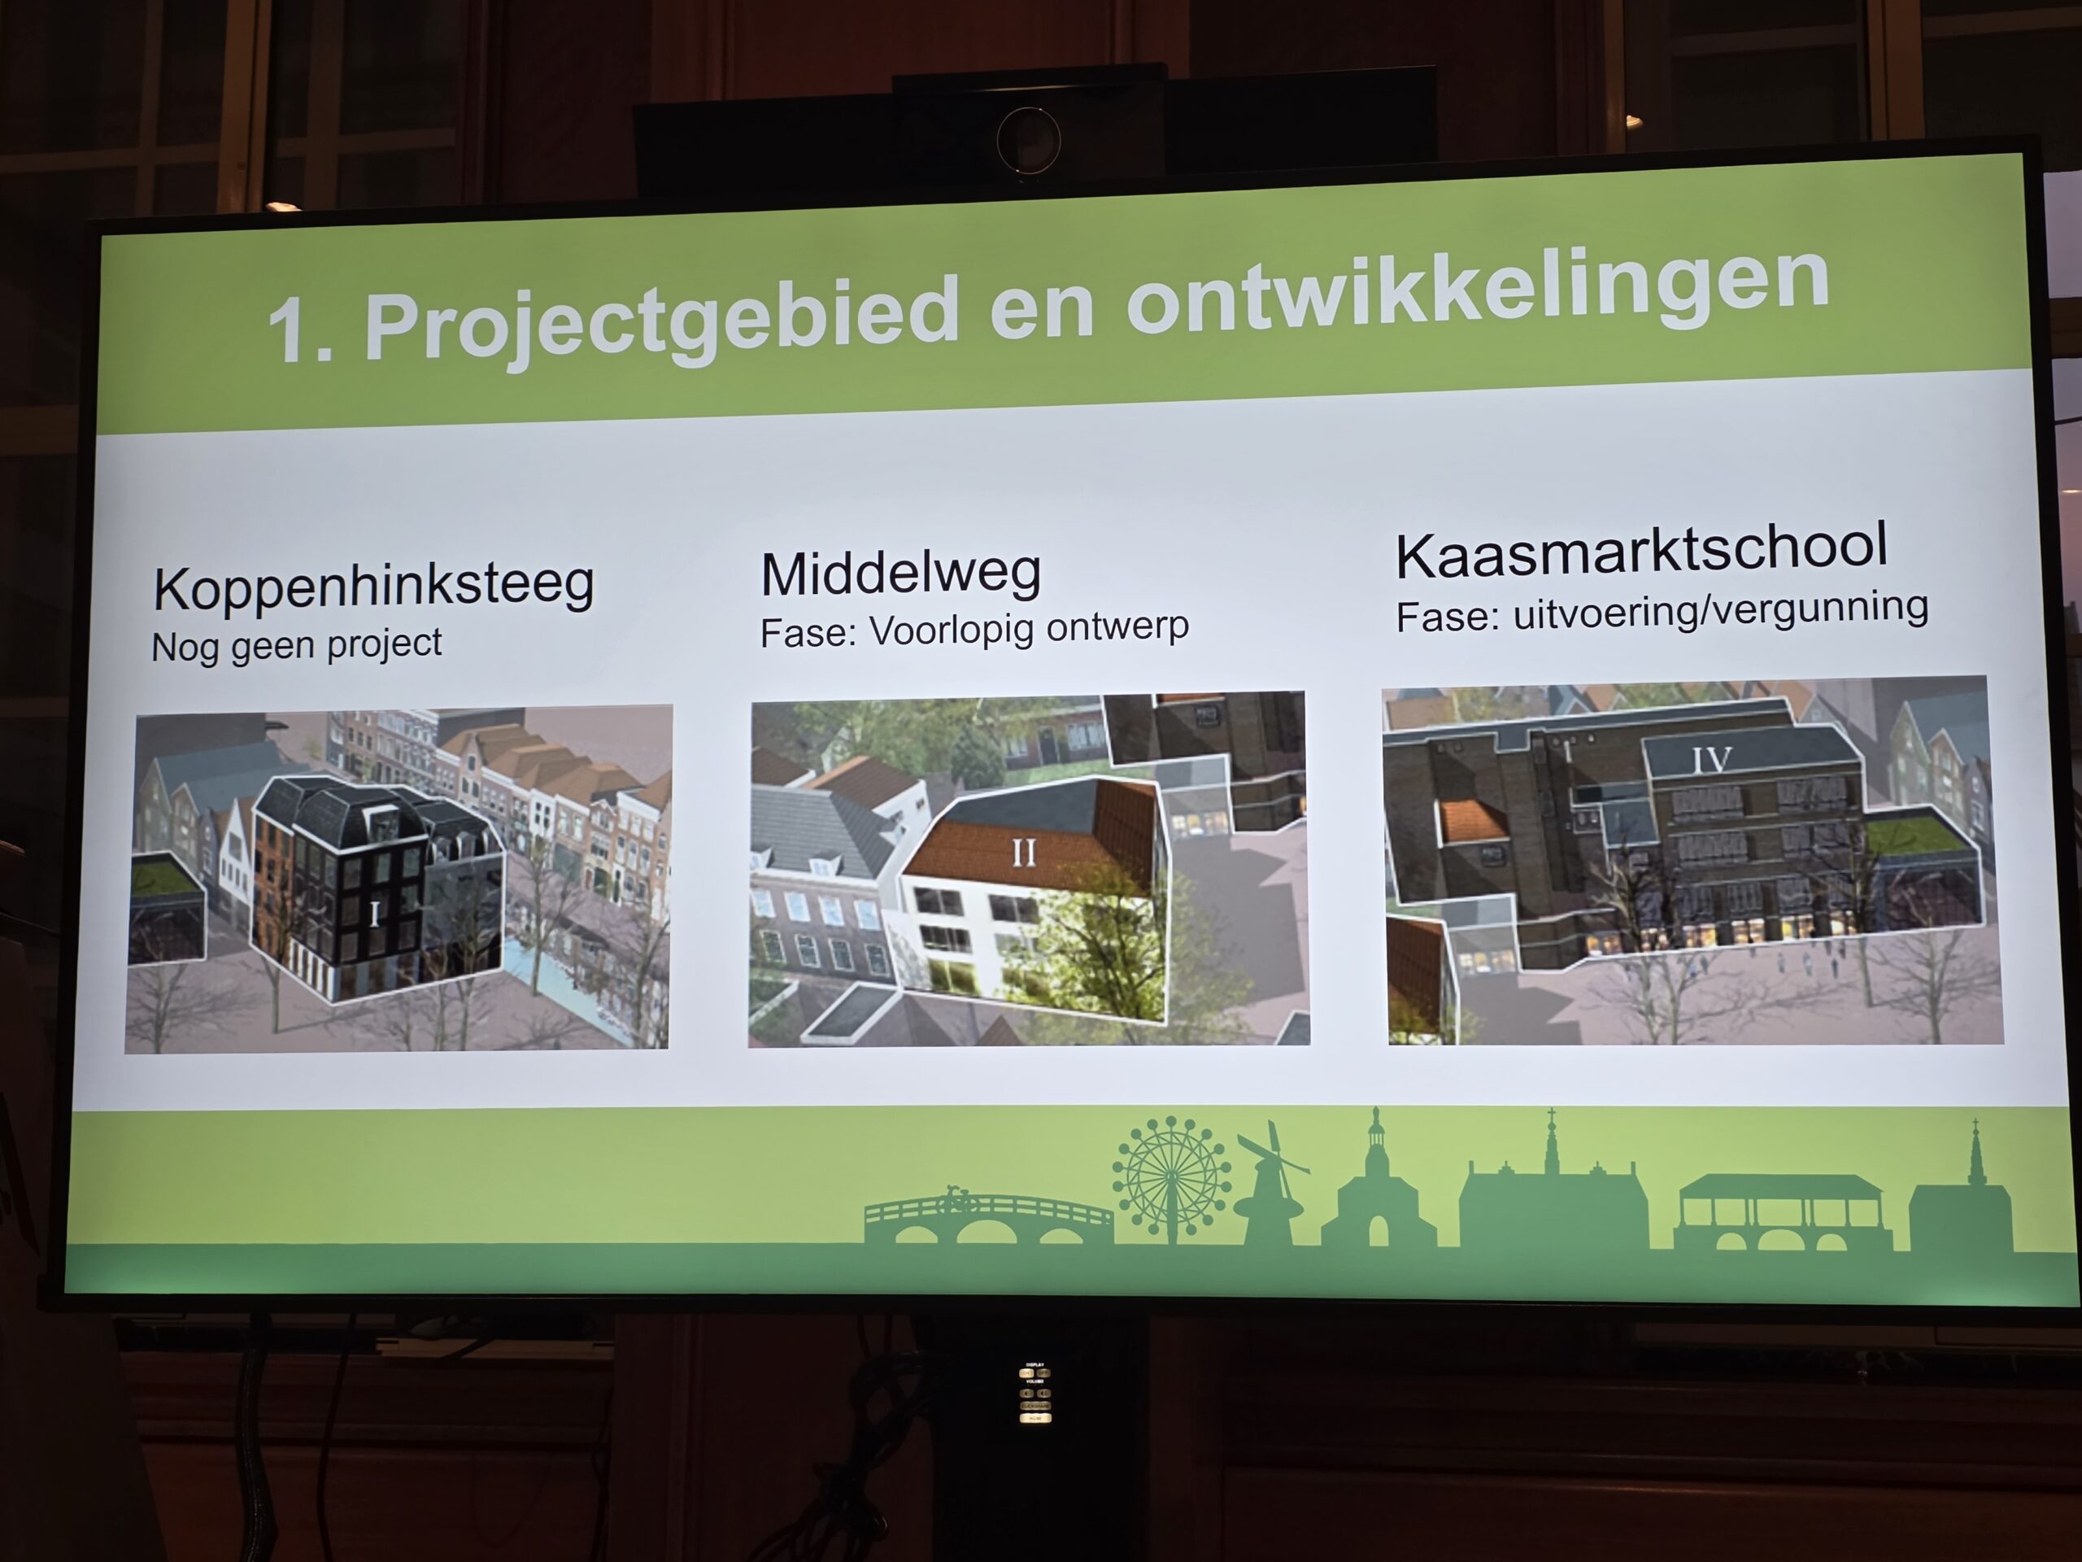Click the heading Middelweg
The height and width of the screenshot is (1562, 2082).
(901, 574)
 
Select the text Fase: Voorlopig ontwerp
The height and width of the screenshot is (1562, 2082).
(974, 630)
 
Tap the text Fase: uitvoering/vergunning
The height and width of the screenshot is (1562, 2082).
(1662, 612)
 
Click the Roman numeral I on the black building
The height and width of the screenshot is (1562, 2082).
(376, 914)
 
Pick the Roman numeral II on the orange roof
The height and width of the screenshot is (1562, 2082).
(1024, 852)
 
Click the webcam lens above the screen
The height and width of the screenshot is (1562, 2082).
(1029, 140)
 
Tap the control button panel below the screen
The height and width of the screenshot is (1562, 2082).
(1035, 1393)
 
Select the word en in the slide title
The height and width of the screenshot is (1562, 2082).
(1041, 306)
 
